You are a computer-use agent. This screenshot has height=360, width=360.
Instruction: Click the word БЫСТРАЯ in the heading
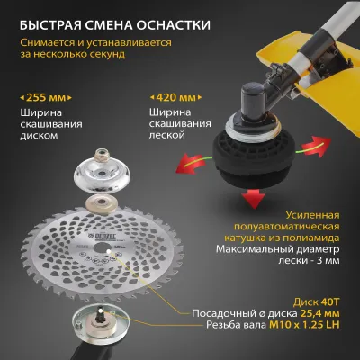click(50, 25)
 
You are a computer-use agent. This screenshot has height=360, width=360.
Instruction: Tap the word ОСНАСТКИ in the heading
click(174, 25)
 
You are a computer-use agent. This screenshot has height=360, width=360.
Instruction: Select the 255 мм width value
click(46, 98)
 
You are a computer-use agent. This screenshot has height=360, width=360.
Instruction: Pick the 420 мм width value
click(175, 98)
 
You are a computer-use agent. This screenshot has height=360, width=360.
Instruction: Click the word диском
click(39, 136)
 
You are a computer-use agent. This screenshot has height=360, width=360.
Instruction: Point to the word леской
click(167, 135)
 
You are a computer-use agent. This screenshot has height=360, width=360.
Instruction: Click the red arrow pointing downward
click(254, 198)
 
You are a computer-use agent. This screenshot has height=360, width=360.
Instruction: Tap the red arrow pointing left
click(191, 164)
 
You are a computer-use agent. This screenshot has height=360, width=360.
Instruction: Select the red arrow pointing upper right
click(316, 146)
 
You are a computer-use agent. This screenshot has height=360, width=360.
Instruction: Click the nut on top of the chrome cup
click(102, 155)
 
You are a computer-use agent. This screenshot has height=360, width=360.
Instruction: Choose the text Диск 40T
click(317, 301)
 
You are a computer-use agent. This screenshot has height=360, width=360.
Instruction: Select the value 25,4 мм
click(319, 313)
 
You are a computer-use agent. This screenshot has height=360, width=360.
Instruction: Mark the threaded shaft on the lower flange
click(101, 315)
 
